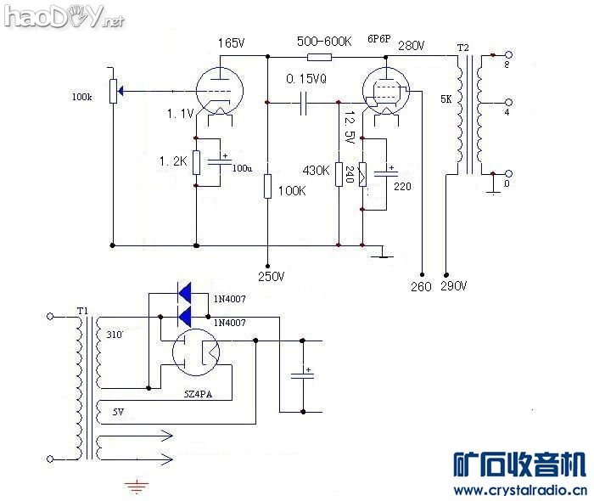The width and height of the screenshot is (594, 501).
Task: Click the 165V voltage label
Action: click(x=232, y=42)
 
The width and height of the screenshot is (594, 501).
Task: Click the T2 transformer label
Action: click(x=462, y=47)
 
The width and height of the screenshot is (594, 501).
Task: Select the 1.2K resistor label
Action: click(x=174, y=160)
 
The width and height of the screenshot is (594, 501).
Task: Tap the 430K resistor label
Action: click(x=316, y=171)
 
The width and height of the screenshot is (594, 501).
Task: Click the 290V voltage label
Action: click(x=454, y=286)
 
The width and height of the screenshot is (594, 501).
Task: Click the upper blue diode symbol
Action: click(x=185, y=293)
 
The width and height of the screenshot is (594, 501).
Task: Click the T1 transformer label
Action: click(x=81, y=313)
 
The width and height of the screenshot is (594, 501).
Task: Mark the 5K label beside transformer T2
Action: click(x=446, y=100)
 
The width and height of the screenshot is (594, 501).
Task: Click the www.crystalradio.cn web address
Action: click(x=519, y=491)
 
